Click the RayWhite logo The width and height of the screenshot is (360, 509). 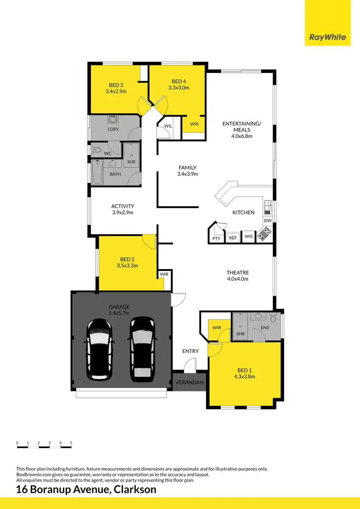[328, 36]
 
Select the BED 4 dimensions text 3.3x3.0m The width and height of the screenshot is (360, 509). [179, 88]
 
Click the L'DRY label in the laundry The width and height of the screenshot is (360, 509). [113, 130]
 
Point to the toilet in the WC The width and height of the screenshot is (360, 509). [96, 151]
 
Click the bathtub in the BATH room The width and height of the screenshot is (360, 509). [97, 173]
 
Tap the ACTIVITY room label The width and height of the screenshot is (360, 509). [122, 206]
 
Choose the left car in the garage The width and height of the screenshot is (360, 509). [99, 347]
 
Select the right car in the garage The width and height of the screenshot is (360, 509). [142, 347]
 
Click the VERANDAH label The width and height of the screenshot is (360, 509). [189, 382]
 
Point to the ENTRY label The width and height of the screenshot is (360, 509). [191, 351]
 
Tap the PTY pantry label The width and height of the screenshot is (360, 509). [216, 238]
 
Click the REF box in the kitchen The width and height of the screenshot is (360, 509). [233, 237]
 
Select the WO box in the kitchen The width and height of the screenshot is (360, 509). [248, 237]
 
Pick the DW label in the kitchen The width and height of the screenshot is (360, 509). [268, 221]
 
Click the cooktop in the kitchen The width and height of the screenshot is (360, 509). [264, 235]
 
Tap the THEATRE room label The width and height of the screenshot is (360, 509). [238, 272]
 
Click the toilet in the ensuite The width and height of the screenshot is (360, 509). [273, 318]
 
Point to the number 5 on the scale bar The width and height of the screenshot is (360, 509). [71, 442]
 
